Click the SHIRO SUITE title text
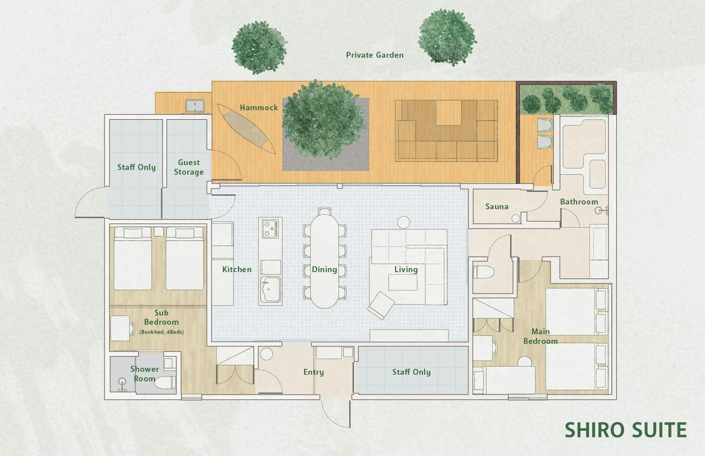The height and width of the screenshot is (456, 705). click(625, 430)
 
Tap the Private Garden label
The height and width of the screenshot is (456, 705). click(375, 55)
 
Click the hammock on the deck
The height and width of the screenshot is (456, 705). click(246, 129)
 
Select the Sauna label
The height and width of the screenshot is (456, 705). click(497, 207)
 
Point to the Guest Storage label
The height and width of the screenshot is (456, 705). click(189, 167)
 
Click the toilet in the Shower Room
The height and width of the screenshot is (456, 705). click(165, 383)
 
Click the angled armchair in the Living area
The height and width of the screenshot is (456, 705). click(382, 305)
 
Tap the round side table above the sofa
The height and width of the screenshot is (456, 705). click(404, 222)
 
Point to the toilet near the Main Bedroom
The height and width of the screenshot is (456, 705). click(484, 272)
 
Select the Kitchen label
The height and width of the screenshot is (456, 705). click(237, 270)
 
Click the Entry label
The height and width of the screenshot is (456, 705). click(314, 372)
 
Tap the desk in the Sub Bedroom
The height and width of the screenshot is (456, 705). click(120, 328)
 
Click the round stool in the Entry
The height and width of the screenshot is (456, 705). click(266, 354)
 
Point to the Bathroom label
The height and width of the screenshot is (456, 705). click(579, 202)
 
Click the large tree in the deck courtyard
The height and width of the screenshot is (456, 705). click(323, 121)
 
